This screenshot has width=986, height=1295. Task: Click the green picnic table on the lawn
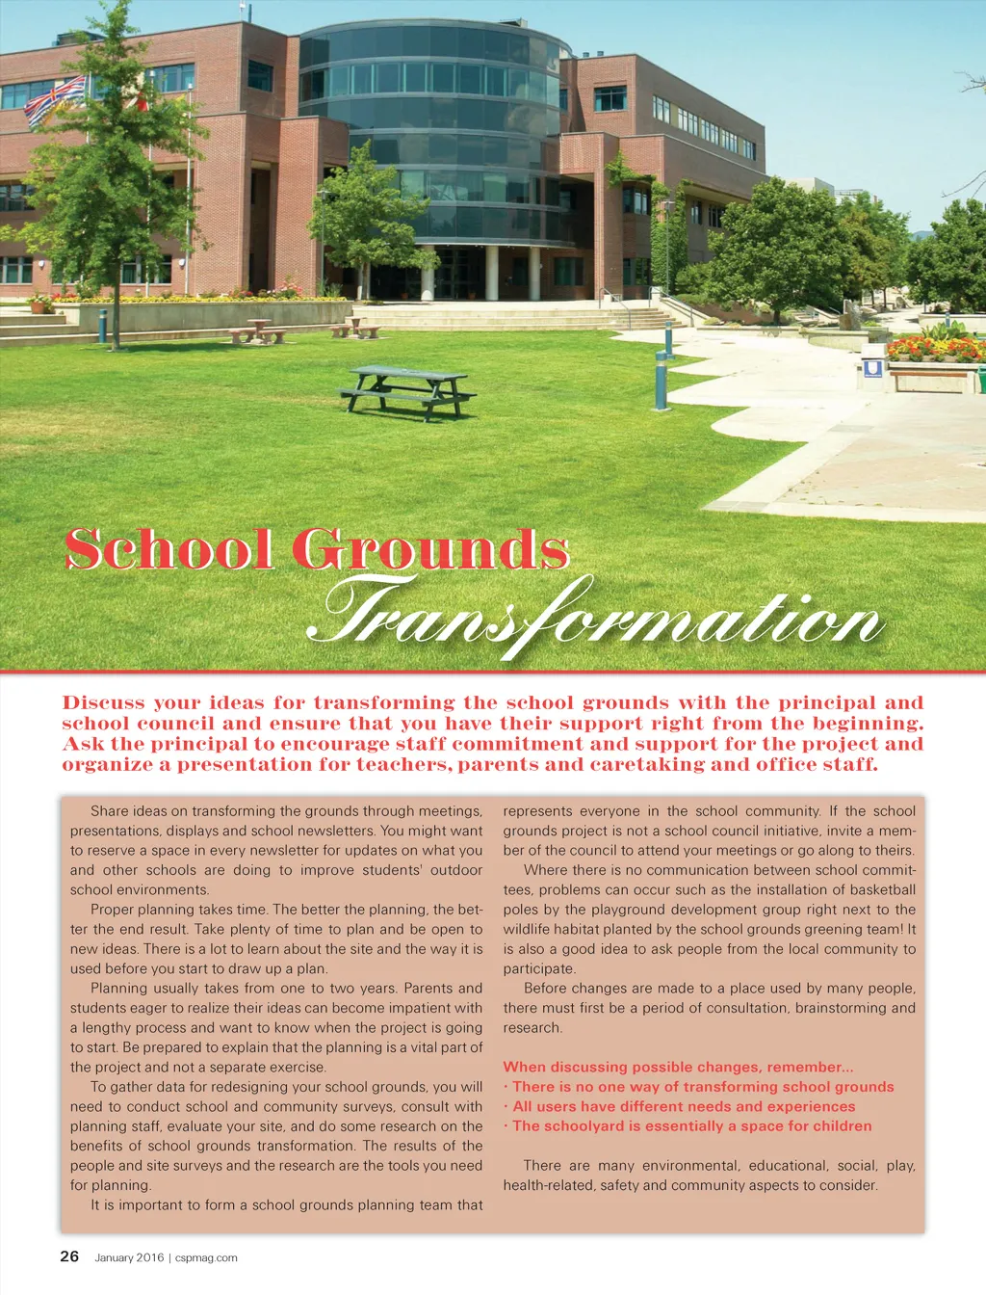(407, 391)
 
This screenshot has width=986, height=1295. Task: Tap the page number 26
(69, 1255)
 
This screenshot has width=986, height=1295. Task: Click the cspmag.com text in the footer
(206, 1257)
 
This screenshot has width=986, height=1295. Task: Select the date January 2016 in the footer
(129, 1257)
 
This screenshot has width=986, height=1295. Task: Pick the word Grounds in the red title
(430, 549)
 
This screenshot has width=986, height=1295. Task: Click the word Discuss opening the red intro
(103, 703)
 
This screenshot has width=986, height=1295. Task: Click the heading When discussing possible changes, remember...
(678, 1067)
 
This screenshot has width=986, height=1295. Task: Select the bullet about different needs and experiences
(683, 1106)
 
